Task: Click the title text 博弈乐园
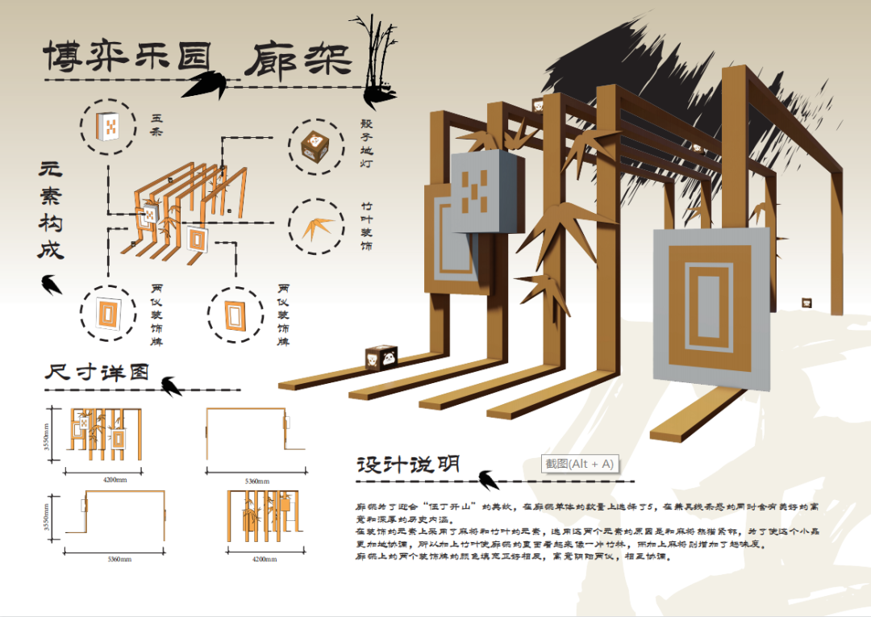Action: pos(127,57)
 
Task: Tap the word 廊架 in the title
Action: pos(298,58)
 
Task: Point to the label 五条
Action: pos(156,126)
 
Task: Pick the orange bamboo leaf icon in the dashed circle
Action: pos(317,228)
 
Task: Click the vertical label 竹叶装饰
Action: pos(366,227)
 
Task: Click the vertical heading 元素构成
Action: pos(51,211)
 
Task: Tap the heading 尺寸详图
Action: pos(97,373)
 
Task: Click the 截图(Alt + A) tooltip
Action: pos(579,464)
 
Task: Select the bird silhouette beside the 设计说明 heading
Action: pos(488,479)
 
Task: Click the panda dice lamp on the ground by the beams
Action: pos(381,356)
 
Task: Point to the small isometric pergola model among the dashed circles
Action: pos(181,211)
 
